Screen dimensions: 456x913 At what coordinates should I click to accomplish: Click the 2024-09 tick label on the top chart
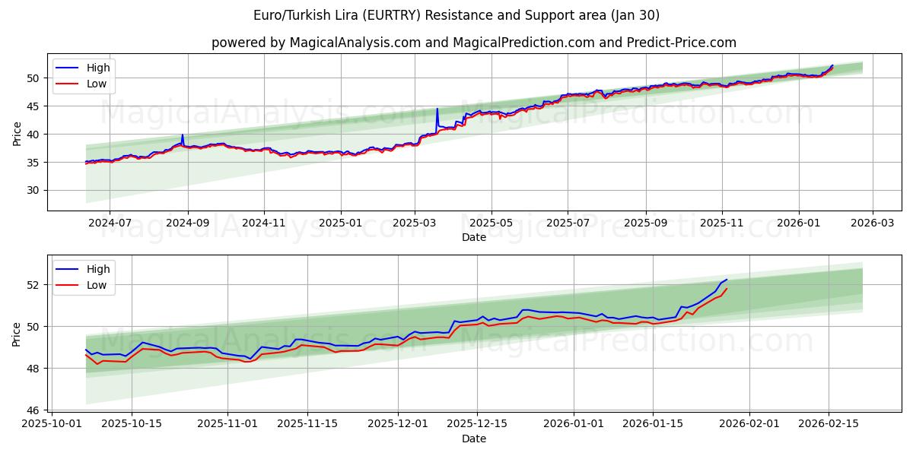(x=187, y=223)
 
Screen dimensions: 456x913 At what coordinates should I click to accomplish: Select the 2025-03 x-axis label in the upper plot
(x=415, y=223)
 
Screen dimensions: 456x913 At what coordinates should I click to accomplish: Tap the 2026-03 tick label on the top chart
(x=872, y=223)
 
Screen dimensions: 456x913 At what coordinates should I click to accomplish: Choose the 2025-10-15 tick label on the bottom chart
(x=132, y=424)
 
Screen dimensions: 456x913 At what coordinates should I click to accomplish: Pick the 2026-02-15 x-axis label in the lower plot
(x=828, y=424)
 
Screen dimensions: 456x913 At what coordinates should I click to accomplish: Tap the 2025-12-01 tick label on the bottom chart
(x=399, y=424)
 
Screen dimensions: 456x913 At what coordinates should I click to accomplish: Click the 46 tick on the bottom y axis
(x=33, y=410)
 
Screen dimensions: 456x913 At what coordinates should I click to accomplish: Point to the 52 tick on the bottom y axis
(x=33, y=285)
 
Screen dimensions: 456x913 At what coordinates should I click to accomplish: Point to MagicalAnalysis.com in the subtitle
(x=355, y=43)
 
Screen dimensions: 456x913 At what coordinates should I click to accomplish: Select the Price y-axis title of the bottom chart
(x=16, y=334)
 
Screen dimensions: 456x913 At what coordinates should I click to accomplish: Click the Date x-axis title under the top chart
(x=473, y=237)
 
